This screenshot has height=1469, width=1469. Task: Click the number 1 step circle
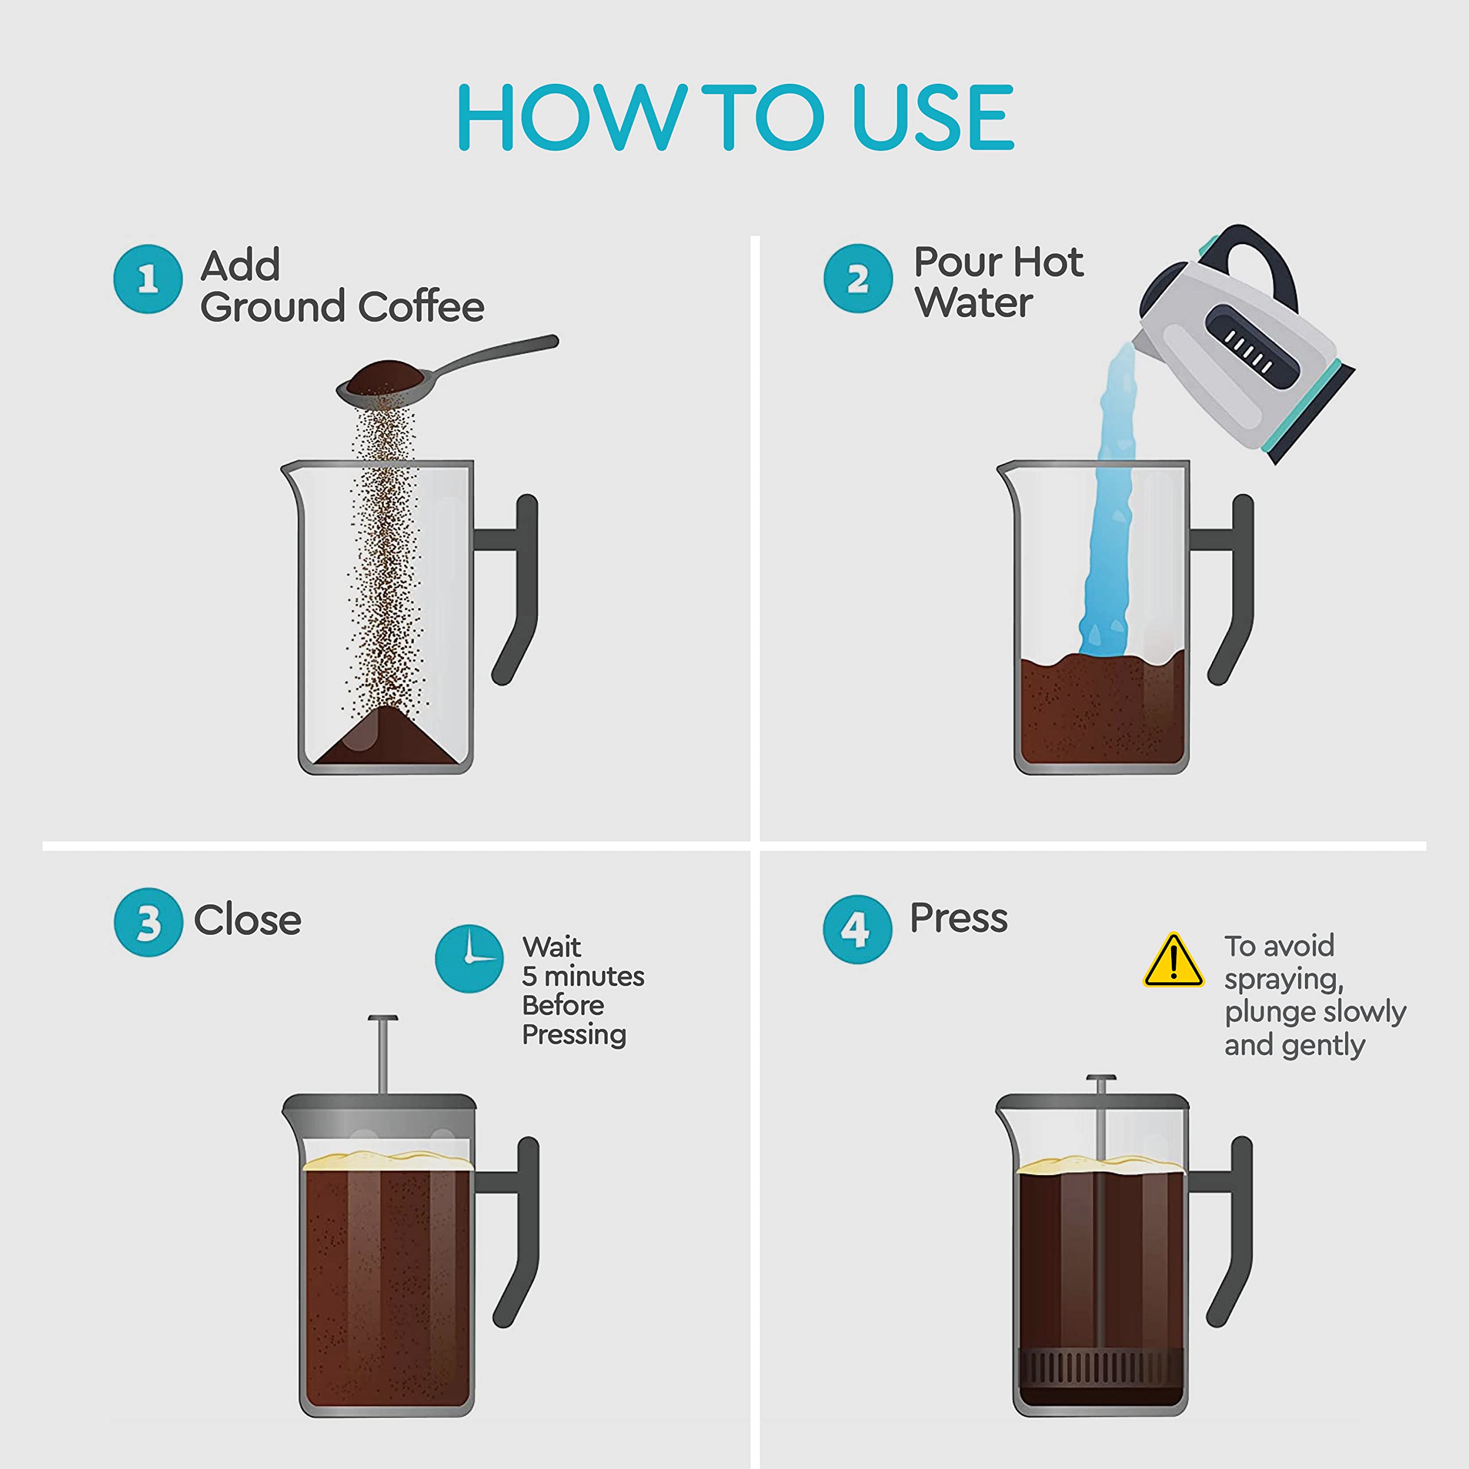pyautogui.click(x=147, y=278)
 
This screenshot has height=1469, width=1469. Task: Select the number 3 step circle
pyautogui.click(x=148, y=922)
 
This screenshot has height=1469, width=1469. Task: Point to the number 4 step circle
pyautogui.click(x=857, y=929)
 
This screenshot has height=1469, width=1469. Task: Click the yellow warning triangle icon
pyautogui.click(x=1173, y=962)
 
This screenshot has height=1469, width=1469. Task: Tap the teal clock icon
pyautogui.click(x=469, y=958)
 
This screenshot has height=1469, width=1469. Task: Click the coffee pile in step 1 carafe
pyautogui.click(x=386, y=741)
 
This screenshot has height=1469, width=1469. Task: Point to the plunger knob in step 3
pyautogui.click(x=383, y=1020)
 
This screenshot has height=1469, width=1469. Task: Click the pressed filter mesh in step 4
pyautogui.click(x=1099, y=1366)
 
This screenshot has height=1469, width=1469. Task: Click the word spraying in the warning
pyautogui.click(x=1284, y=980)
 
